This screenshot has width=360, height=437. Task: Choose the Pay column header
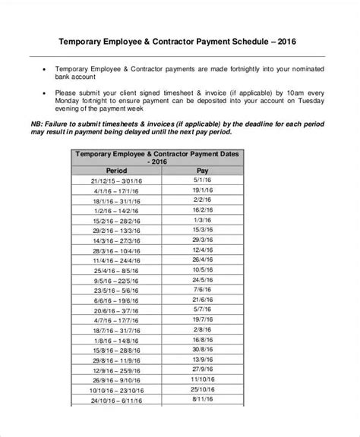202,171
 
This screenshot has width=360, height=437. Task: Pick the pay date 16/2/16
202,209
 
